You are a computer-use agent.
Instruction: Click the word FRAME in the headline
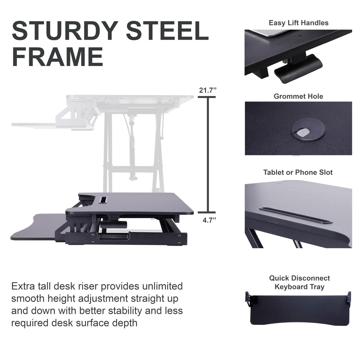[57, 56]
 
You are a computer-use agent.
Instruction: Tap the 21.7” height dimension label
[207, 90]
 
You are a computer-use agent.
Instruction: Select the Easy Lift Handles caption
[298, 23]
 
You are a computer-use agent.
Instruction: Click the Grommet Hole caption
[298, 96]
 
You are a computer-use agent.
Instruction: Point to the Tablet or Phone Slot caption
[298, 172]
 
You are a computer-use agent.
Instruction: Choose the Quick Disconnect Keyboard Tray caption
[300, 282]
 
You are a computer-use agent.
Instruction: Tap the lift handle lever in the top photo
[299, 67]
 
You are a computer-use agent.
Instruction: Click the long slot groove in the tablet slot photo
[295, 214]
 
